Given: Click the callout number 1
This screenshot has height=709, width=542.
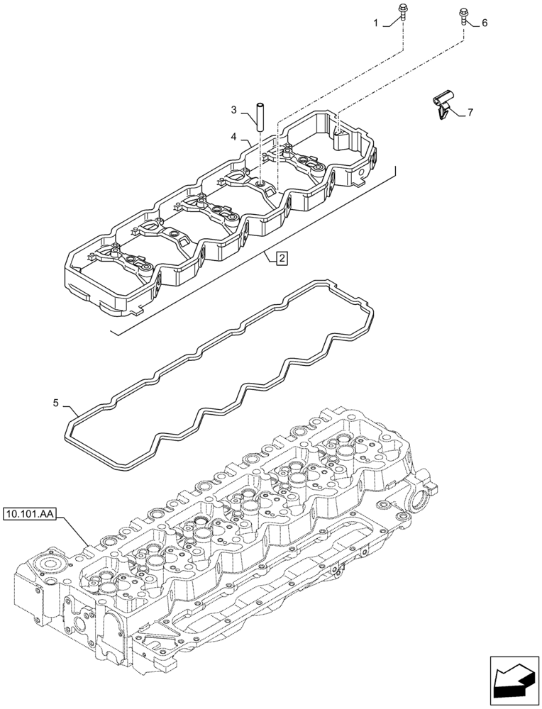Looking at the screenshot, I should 377,23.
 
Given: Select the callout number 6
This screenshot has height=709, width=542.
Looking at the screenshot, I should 485,23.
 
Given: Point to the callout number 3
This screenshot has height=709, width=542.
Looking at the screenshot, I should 233,110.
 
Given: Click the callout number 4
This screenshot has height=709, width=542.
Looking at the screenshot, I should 233,135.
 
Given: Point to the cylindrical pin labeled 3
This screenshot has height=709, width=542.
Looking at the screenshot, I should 260,115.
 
